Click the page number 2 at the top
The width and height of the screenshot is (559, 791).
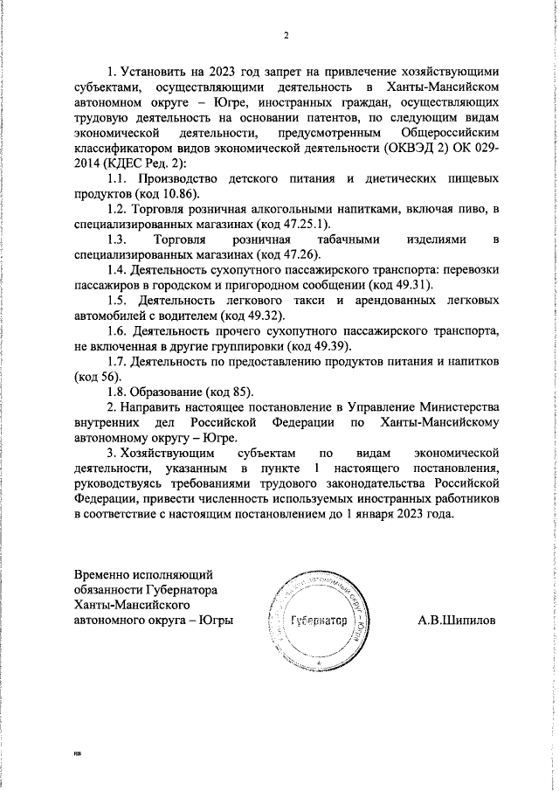[286, 35]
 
